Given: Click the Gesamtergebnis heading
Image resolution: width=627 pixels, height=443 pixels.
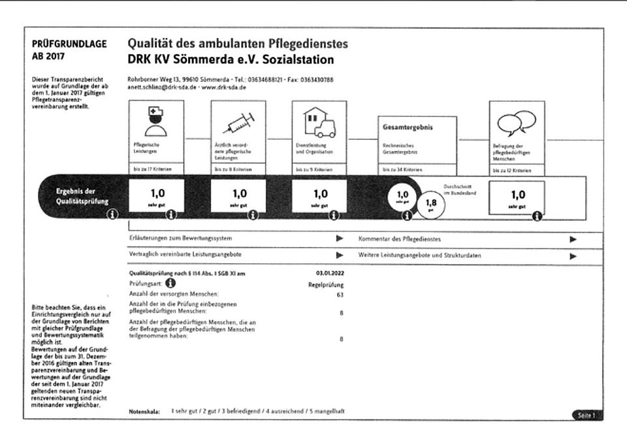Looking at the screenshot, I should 408,127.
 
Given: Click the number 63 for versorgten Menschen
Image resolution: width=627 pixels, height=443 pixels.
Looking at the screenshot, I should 340,295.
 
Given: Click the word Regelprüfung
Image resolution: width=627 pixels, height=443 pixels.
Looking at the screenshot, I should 326,284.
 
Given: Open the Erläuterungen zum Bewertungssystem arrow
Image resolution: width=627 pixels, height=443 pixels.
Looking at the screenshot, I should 340,238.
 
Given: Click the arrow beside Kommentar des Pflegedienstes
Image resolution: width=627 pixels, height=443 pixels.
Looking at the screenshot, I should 573,239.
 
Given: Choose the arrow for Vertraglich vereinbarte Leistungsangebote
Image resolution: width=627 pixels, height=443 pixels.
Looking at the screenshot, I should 340,255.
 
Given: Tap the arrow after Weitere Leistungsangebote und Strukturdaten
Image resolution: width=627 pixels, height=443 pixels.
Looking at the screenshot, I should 573,256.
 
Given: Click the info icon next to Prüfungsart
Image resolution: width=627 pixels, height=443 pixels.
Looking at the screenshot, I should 170,284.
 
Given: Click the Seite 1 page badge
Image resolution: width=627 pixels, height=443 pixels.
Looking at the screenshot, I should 585,415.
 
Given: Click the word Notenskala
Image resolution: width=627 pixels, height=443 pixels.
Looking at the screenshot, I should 144,412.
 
